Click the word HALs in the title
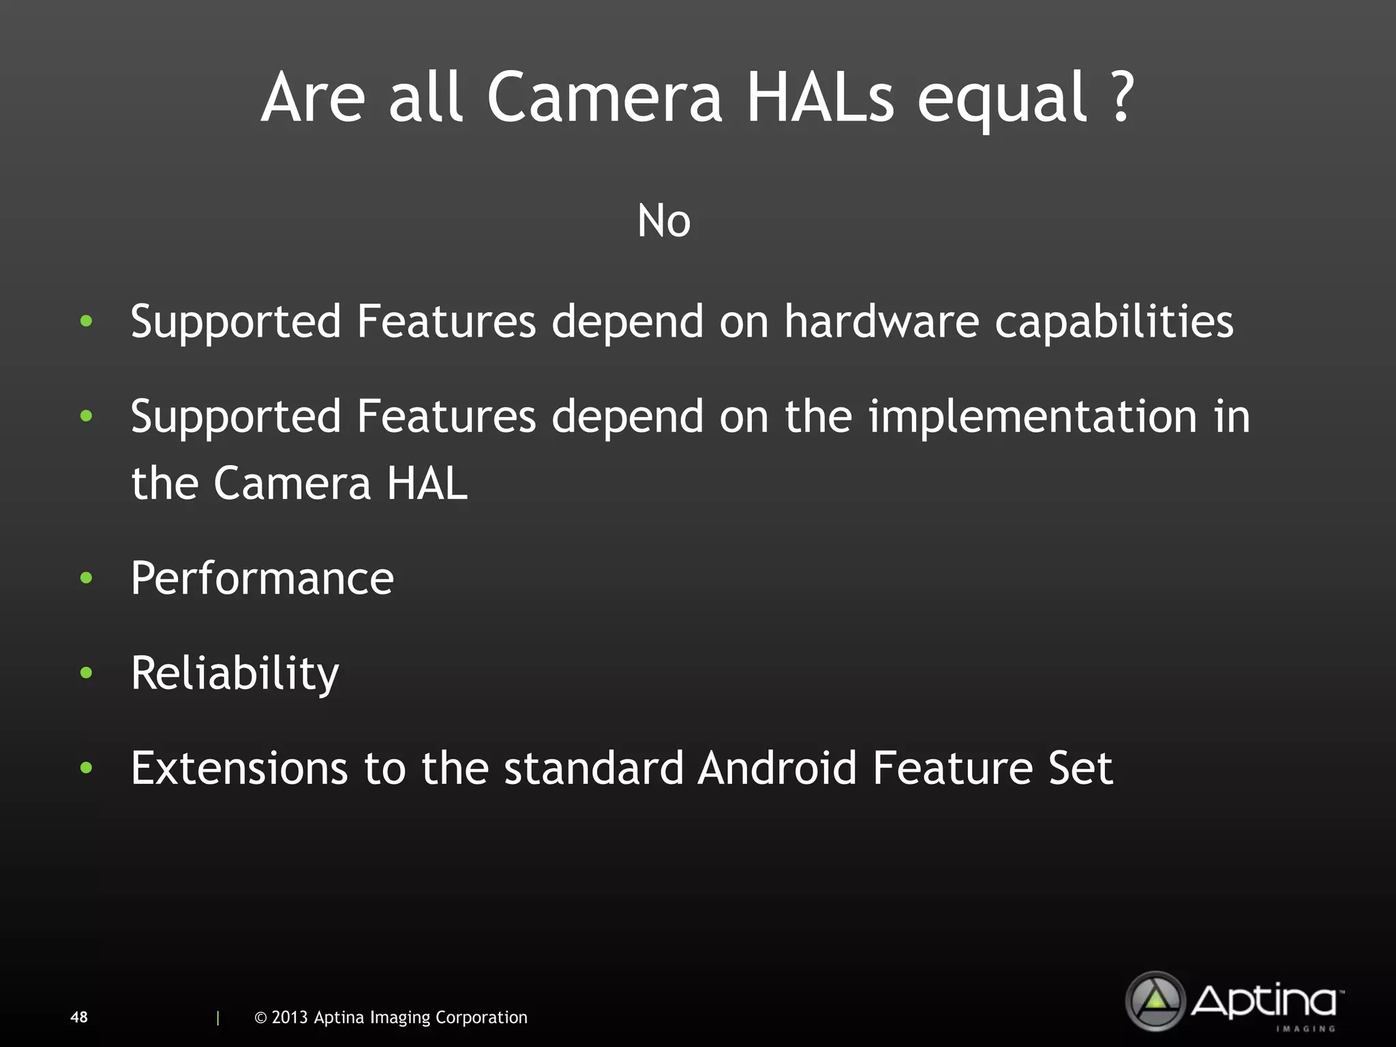click(x=819, y=97)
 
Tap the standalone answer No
click(x=664, y=221)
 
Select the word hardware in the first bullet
click(x=881, y=321)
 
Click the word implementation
click(x=1032, y=416)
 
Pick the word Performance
click(x=262, y=579)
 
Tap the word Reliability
click(x=234, y=673)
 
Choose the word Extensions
click(x=239, y=768)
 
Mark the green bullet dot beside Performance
click(x=86, y=579)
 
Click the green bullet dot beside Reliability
click(x=86, y=673)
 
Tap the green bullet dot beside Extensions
click(x=86, y=768)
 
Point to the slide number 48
click(x=79, y=1017)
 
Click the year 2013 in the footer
click(x=290, y=1017)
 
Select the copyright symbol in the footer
click(x=260, y=1018)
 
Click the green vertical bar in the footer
click(x=217, y=1018)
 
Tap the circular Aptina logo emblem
click(x=1155, y=1001)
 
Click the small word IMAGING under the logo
click(x=1305, y=1029)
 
